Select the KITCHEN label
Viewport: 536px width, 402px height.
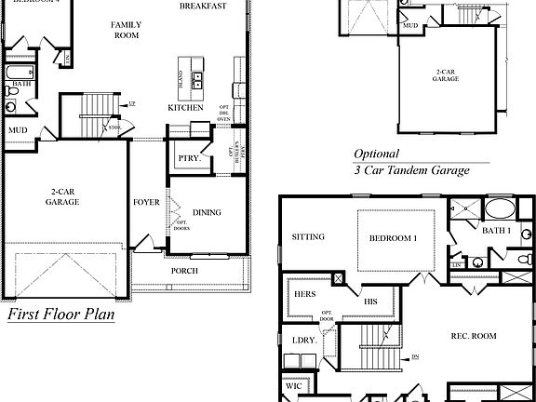point(185,108)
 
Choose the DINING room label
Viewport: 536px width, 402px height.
point(206,212)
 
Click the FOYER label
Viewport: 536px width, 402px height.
point(146,202)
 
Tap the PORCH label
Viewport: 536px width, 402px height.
point(184,271)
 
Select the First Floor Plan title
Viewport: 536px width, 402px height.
point(60,315)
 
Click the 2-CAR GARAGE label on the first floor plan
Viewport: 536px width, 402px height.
point(63,195)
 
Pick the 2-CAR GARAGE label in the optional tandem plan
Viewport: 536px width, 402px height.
point(446,75)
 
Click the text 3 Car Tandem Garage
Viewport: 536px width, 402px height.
point(410,170)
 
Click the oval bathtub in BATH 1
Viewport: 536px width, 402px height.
point(500,208)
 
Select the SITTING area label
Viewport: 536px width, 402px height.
point(308,237)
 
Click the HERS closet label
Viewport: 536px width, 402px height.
point(306,294)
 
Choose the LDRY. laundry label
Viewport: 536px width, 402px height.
point(304,341)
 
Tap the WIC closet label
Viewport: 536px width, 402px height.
point(294,384)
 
